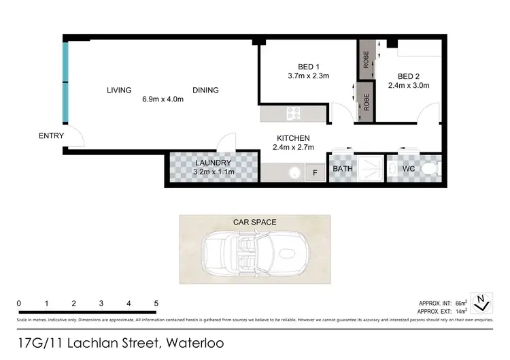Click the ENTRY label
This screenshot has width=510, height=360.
pos(51,136)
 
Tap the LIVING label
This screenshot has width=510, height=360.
pos(118,90)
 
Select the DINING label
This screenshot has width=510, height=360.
pos(205,90)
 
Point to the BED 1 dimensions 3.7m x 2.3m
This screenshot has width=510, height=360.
pos(308,76)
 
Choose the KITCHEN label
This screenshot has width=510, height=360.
pos(293,137)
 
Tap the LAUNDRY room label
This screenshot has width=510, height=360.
pos(213,163)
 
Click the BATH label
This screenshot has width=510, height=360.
pos(341,169)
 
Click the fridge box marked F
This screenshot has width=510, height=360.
pos(314,173)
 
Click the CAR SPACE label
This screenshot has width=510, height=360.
pos(254,222)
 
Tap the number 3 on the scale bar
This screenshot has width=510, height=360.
pos(101,304)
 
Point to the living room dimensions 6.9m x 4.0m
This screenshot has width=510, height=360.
pos(163,99)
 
